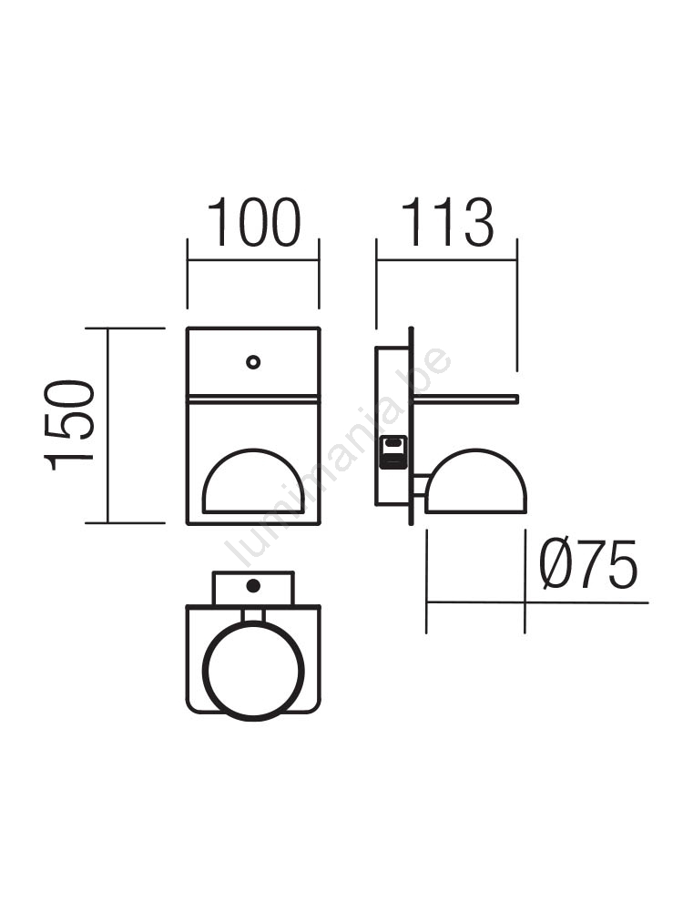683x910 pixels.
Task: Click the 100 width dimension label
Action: coord(254,223)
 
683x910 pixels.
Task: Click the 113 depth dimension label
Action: coord(447,223)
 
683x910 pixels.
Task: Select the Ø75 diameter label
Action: coord(587,564)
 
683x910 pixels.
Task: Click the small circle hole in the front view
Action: coord(252,362)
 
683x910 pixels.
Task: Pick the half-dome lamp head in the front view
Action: coord(253,481)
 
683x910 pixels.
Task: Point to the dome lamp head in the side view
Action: coord(475,481)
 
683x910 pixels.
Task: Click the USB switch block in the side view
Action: coord(393,453)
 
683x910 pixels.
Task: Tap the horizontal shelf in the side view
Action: coord(464,399)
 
